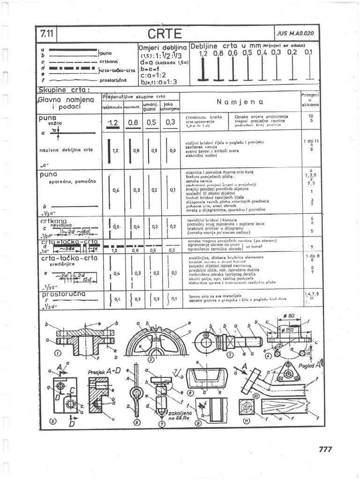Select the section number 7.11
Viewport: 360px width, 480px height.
(47, 34)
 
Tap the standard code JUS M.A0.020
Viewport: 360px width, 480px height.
(295, 34)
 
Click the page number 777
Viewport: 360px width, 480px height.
(325, 449)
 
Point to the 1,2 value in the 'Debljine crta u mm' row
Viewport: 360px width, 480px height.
(203, 53)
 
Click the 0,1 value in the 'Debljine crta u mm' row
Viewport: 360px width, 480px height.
(308, 52)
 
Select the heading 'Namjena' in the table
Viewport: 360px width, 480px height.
(240, 102)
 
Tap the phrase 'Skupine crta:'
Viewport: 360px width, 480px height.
(64, 89)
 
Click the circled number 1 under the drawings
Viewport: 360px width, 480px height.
(58, 353)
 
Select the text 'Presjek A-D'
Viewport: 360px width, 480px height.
(104, 371)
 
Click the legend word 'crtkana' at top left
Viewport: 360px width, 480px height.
(108, 61)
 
